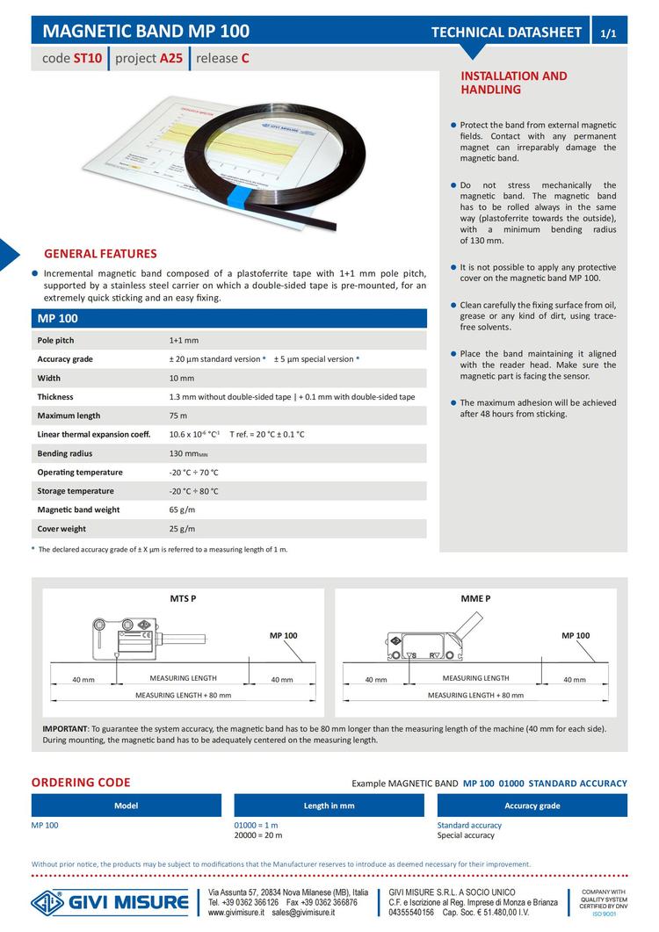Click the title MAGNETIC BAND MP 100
pyautogui.click(x=146, y=32)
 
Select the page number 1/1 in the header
pyautogui.click(x=608, y=33)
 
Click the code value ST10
pyautogui.click(x=87, y=60)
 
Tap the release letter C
pyautogui.click(x=245, y=60)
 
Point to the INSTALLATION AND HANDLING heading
pyautogui.click(x=514, y=83)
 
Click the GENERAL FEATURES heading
pyautogui.click(x=100, y=254)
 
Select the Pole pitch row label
pyautogui.click(x=55, y=340)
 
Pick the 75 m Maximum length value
pyautogui.click(x=178, y=415)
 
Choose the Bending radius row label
pyautogui.click(x=64, y=453)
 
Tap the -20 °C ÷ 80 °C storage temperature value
pyautogui.click(x=193, y=491)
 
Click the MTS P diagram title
pyautogui.click(x=183, y=598)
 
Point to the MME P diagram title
pyautogui.click(x=475, y=598)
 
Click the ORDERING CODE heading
pyautogui.click(x=81, y=783)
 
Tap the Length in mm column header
pyautogui.click(x=329, y=806)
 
